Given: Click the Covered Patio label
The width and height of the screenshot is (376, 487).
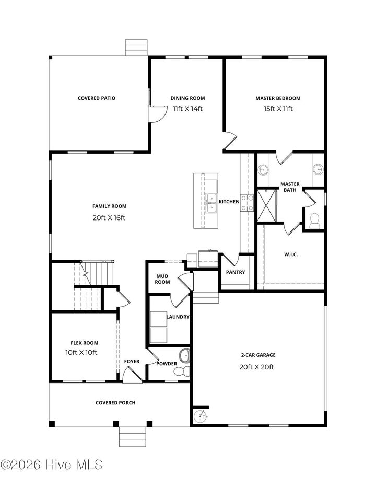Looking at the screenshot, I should click(x=97, y=98).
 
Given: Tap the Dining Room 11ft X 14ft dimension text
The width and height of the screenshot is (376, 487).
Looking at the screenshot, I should click(x=187, y=109).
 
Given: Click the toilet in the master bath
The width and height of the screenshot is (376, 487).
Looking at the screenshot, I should click(x=314, y=221).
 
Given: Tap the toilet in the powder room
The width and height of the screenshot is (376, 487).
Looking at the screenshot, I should click(x=180, y=371).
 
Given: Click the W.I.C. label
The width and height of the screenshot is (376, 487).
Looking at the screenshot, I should click(x=291, y=254).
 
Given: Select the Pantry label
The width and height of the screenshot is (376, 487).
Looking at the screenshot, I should click(x=236, y=272).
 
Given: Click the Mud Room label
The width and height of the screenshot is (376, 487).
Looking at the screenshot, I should click(x=163, y=279).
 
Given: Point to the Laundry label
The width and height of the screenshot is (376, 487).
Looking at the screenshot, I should click(x=178, y=317).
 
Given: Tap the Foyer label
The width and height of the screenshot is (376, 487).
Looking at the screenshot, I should click(x=132, y=362).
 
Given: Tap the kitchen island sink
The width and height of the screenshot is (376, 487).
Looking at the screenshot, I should click(x=211, y=203).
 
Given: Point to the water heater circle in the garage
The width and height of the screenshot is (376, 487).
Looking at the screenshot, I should click(x=200, y=417).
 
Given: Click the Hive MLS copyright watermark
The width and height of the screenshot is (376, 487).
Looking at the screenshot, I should click(x=52, y=465).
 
